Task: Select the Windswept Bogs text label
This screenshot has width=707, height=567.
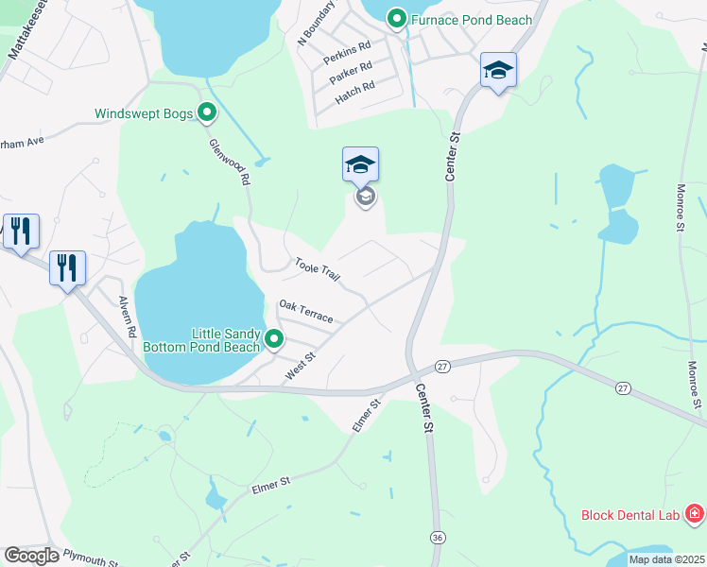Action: [144, 114]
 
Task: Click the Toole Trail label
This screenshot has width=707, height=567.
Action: [317, 269]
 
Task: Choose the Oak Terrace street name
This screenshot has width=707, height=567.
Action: [305, 311]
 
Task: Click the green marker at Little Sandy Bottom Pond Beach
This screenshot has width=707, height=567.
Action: [274, 337]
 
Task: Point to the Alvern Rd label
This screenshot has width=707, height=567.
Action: [129, 318]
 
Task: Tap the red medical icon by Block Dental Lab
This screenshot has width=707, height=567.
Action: [695, 514]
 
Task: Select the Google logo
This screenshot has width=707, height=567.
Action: [31, 556]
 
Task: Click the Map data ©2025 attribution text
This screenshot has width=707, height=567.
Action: [666, 559]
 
